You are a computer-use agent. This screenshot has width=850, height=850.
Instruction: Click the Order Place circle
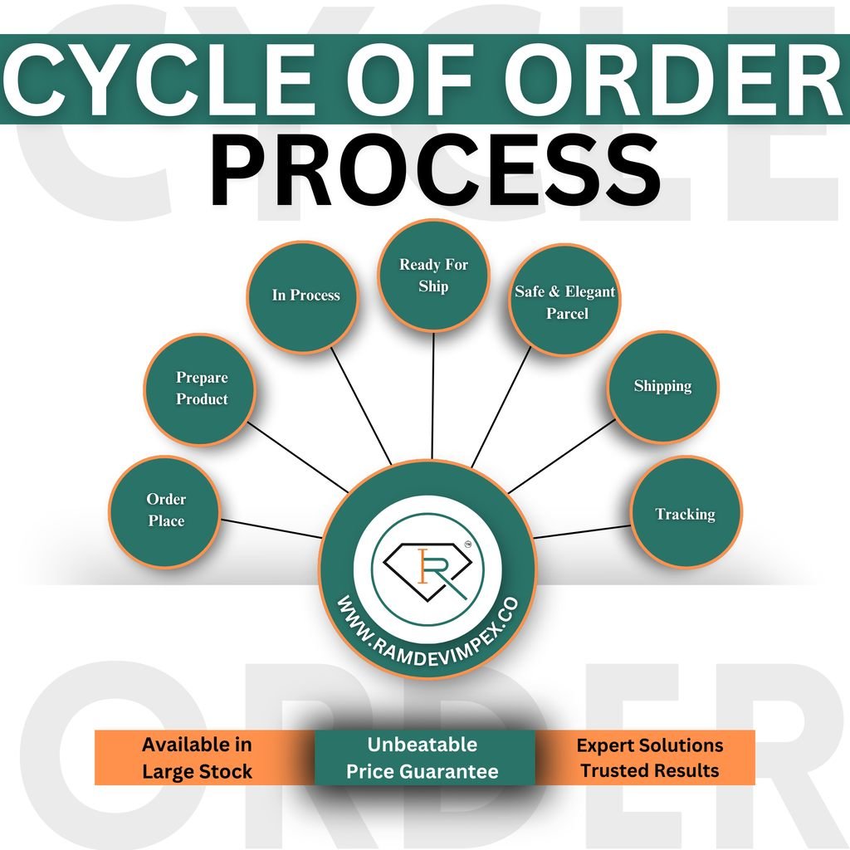pyautogui.click(x=165, y=510)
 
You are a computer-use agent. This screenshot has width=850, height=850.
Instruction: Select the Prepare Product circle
pyautogui.click(x=201, y=388)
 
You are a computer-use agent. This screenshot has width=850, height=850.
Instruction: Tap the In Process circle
pyautogui.click(x=305, y=296)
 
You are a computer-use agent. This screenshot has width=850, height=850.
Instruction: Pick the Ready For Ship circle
pyautogui.click(x=433, y=276)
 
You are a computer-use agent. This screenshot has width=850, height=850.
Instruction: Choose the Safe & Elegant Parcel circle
pyautogui.click(x=565, y=303)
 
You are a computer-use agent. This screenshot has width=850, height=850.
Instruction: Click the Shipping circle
pyautogui.click(x=662, y=386)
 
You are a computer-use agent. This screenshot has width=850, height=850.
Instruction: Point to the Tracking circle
pyautogui.click(x=685, y=514)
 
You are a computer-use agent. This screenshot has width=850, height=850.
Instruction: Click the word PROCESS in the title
pyautogui.click(x=435, y=173)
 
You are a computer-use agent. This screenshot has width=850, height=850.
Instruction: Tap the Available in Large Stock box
pyautogui.click(x=197, y=757)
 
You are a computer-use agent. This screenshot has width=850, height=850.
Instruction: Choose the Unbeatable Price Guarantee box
pyautogui.click(x=423, y=757)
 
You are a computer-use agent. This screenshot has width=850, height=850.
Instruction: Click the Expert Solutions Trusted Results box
pyautogui.click(x=649, y=757)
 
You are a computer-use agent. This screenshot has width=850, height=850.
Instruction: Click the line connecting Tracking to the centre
pyautogui.click(x=581, y=531)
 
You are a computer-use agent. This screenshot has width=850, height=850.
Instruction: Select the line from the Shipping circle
pyautogui.click(x=561, y=456)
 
